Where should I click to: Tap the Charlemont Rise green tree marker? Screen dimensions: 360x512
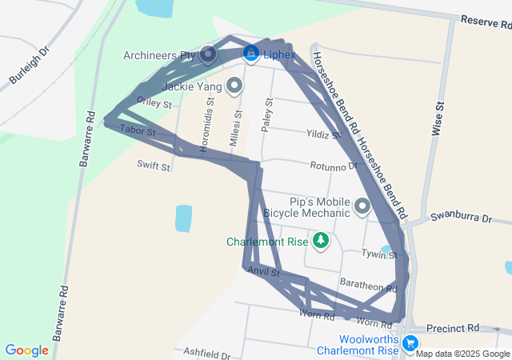(321, 240)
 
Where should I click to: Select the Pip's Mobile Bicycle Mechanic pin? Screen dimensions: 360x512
(362, 207)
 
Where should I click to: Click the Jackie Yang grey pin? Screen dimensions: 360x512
(234, 85)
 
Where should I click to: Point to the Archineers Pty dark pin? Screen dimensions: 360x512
(208, 55)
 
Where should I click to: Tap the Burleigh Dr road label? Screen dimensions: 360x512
(30, 66)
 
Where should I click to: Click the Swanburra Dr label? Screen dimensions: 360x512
(470, 217)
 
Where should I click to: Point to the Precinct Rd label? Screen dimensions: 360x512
(452, 328)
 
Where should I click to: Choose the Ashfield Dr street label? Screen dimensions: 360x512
(206, 353)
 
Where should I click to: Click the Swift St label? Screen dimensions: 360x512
(154, 166)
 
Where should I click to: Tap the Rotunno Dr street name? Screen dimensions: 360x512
(334, 166)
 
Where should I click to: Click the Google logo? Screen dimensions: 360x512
(27, 350)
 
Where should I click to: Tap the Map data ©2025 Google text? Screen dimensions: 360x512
(462, 354)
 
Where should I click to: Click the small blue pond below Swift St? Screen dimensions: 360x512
(183, 218)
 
